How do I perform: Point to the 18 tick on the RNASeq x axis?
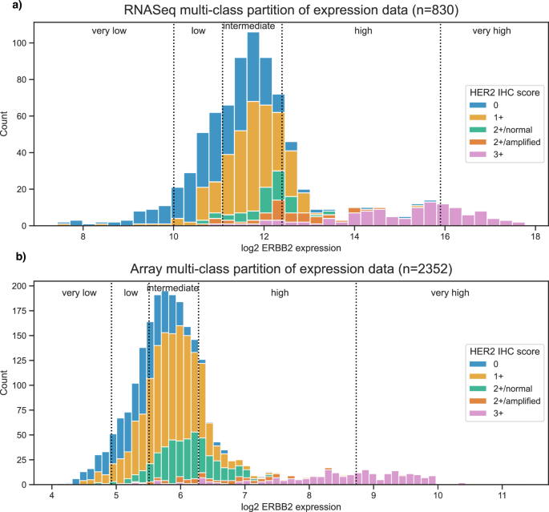(x=532, y=236)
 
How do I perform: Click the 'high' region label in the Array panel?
(x=279, y=293)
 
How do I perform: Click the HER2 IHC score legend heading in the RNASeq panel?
(x=503, y=91)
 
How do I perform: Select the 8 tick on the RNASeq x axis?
(x=83, y=236)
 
